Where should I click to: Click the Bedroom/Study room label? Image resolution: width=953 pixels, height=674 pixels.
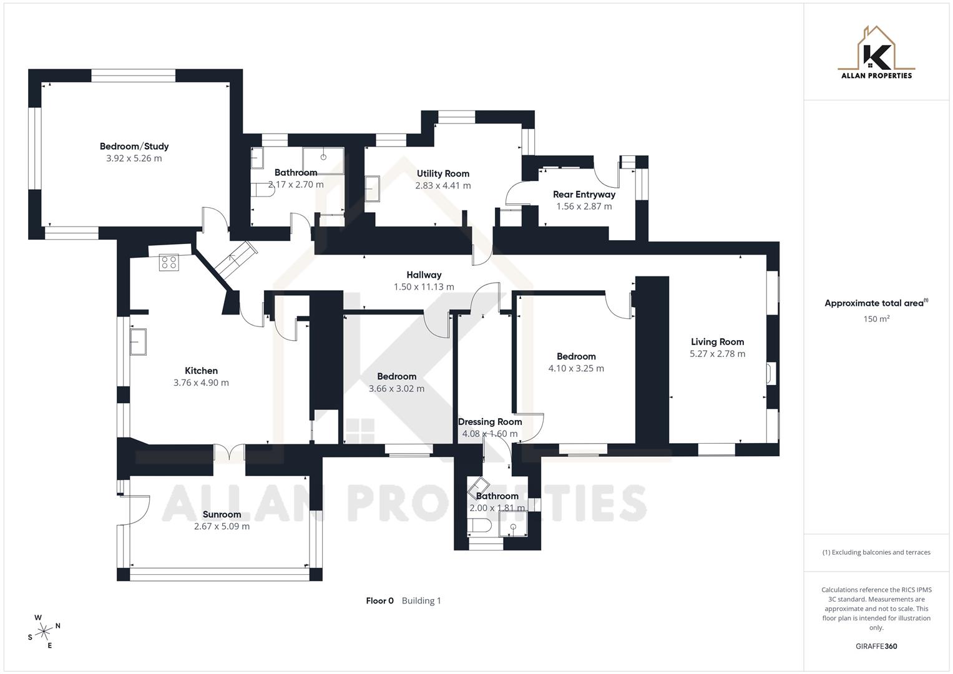click(134, 147)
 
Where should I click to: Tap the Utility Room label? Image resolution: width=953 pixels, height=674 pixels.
click(443, 174)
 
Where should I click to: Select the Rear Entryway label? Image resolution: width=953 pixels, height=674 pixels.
click(584, 195)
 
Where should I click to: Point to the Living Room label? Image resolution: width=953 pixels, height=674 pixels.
click(717, 342)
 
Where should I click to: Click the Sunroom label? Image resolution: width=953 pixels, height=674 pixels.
click(222, 515)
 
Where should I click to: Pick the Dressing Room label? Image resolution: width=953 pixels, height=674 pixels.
click(490, 422)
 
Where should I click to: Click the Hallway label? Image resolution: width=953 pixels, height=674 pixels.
click(424, 275)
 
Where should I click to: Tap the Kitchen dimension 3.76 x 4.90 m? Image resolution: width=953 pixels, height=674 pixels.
click(201, 383)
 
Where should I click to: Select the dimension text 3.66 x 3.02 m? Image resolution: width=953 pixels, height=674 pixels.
click(396, 388)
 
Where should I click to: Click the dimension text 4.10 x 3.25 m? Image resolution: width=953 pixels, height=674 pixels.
click(576, 368)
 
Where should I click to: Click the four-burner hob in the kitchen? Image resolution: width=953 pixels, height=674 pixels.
click(169, 263)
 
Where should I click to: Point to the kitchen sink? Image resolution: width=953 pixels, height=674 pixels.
click(138, 342)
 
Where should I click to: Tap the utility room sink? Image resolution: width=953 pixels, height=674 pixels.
click(373, 188)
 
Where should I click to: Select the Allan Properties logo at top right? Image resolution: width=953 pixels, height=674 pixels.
click(876, 52)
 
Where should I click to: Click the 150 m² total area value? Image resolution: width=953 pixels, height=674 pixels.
click(876, 319)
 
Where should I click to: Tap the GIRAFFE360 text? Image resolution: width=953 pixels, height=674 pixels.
click(876, 647)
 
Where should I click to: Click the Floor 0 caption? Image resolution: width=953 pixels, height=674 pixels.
click(379, 601)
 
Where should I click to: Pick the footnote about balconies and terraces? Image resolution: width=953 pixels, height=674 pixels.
click(876, 552)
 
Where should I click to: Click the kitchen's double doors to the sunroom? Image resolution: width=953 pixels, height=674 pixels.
click(229, 452)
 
